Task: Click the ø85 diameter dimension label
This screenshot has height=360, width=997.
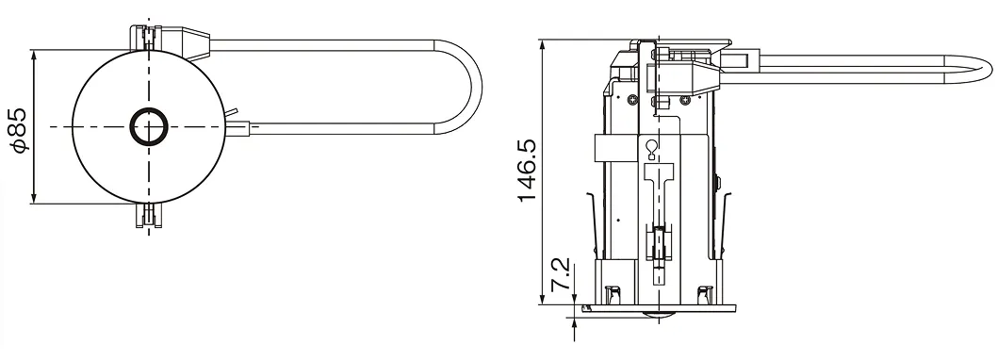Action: pos(20,130)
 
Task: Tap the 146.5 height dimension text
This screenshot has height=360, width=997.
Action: pos(528,171)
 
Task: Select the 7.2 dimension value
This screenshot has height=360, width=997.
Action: pos(561,275)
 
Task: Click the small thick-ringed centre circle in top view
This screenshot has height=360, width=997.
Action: pos(149,126)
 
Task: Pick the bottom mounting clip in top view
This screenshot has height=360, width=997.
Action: pos(149,215)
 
